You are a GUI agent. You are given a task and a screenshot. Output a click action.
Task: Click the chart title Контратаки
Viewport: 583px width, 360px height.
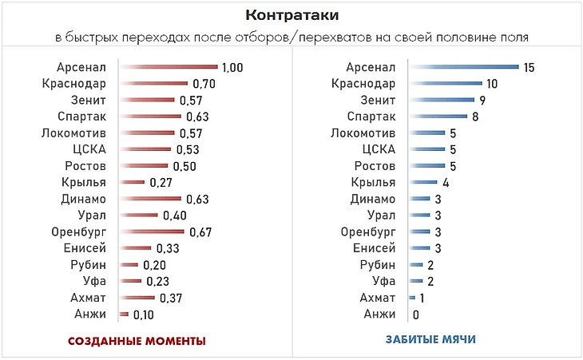coord(291,15)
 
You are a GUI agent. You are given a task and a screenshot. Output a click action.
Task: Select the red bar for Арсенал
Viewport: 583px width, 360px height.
coord(168,67)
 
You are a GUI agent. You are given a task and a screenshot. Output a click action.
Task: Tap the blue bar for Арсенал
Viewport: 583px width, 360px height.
coord(463,67)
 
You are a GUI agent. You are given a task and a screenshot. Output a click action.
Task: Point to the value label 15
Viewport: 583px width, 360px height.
coord(529,68)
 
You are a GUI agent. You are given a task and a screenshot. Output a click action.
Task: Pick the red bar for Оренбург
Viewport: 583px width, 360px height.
coord(152,231)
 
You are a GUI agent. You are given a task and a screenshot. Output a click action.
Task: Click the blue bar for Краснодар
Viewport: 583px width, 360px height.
coord(445,84)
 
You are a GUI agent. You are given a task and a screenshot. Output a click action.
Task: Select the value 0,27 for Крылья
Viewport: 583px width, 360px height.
coord(161,183)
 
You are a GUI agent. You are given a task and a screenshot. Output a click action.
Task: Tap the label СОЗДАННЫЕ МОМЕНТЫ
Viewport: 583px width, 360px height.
coord(137,341)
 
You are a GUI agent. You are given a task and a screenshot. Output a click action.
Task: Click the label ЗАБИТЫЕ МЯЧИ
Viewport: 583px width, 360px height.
coord(431,339)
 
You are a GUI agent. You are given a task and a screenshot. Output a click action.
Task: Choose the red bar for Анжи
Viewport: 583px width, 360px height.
coord(123,314)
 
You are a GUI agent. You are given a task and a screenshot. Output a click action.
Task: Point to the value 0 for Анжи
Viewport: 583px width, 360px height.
coord(416,315)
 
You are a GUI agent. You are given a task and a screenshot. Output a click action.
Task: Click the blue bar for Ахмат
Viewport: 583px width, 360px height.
coord(411,298)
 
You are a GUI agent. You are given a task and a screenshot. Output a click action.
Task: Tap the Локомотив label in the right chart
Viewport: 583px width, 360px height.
coord(363,133)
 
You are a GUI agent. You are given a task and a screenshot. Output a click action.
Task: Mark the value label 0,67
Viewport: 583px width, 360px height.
coord(199,232)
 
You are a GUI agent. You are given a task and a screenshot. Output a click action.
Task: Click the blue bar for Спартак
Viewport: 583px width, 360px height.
coord(438,117)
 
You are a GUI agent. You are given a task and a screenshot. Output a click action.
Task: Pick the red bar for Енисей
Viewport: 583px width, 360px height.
coord(134,248)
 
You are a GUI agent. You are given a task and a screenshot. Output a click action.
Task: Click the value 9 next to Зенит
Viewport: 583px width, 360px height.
coord(483,101)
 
